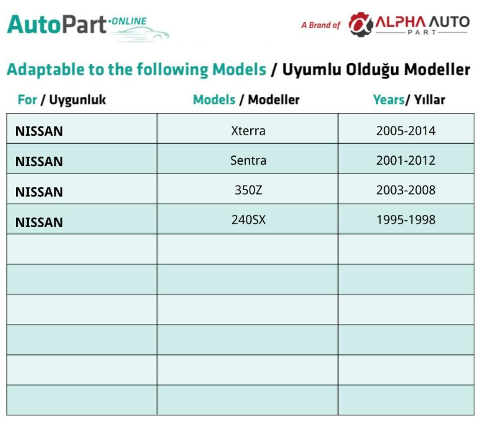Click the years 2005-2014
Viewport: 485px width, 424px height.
pyautogui.click(x=405, y=131)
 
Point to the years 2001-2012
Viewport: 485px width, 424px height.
pyautogui.click(x=405, y=160)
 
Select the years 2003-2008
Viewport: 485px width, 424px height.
pyautogui.click(x=405, y=190)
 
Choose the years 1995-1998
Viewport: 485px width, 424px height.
pyautogui.click(x=405, y=220)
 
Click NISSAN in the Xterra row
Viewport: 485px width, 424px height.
pyautogui.click(x=39, y=131)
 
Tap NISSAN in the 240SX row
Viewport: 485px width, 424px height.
pyautogui.click(x=39, y=223)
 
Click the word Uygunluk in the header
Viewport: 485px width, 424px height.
pyautogui.click(x=77, y=100)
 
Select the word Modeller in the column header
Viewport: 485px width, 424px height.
pyautogui.click(x=274, y=100)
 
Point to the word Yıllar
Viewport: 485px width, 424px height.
pyautogui.click(x=429, y=100)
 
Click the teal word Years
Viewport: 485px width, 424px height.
pyautogui.click(x=389, y=100)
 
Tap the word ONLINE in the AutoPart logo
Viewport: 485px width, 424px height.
pyautogui.click(x=129, y=22)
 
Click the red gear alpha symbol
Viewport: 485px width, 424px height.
pyautogui.click(x=361, y=25)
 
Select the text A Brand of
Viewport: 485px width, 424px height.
pyautogui.click(x=321, y=25)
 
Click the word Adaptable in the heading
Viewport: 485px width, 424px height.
pyautogui.click(x=46, y=70)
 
